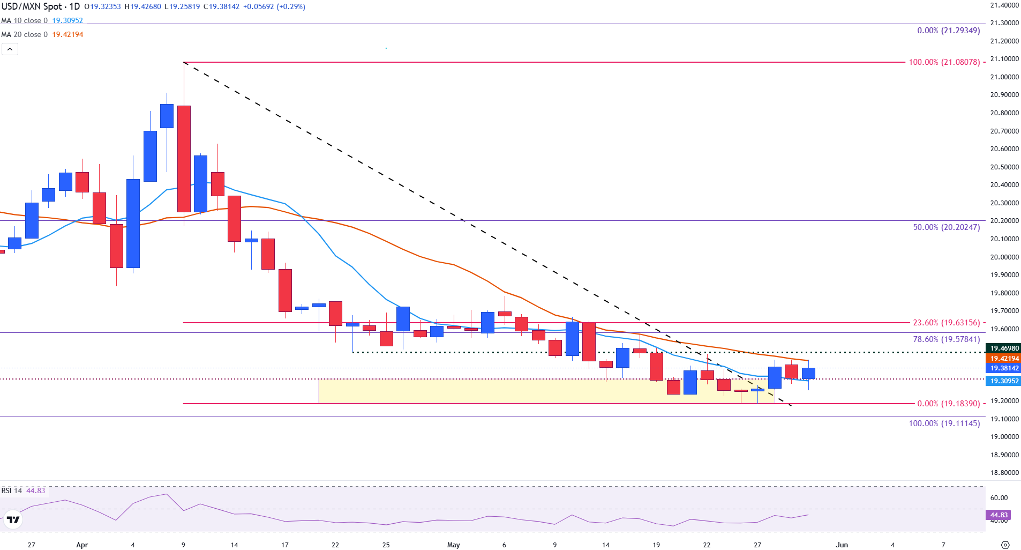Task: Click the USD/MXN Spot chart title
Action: pyautogui.click(x=41, y=6)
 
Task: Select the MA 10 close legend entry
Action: pyautogui.click(x=24, y=20)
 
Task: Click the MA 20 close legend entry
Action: pyautogui.click(x=24, y=34)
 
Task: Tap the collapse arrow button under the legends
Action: pyautogui.click(x=10, y=49)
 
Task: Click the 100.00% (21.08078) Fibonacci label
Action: pyautogui.click(x=944, y=62)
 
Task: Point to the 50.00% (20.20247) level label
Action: pyautogui.click(x=947, y=227)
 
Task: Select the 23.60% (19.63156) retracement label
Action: pyautogui.click(x=947, y=323)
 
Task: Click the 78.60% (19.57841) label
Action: pyautogui.click(x=947, y=339)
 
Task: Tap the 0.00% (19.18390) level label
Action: pyautogui.click(x=948, y=404)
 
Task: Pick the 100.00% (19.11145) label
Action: pyautogui.click(x=944, y=423)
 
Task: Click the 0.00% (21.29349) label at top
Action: pyautogui.click(x=948, y=31)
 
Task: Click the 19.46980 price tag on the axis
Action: pyautogui.click(x=1004, y=348)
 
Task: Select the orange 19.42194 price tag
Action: pyautogui.click(x=1004, y=359)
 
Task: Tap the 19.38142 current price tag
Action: pyautogui.click(x=1004, y=368)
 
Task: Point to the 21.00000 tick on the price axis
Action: pyautogui.click(x=1004, y=77)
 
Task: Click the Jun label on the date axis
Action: pyautogui.click(x=842, y=545)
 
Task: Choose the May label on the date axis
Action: pyautogui.click(x=453, y=545)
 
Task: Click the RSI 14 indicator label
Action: pyautogui.click(x=11, y=490)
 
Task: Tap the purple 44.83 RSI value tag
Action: pyautogui.click(x=999, y=515)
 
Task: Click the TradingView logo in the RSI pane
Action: pyautogui.click(x=13, y=519)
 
